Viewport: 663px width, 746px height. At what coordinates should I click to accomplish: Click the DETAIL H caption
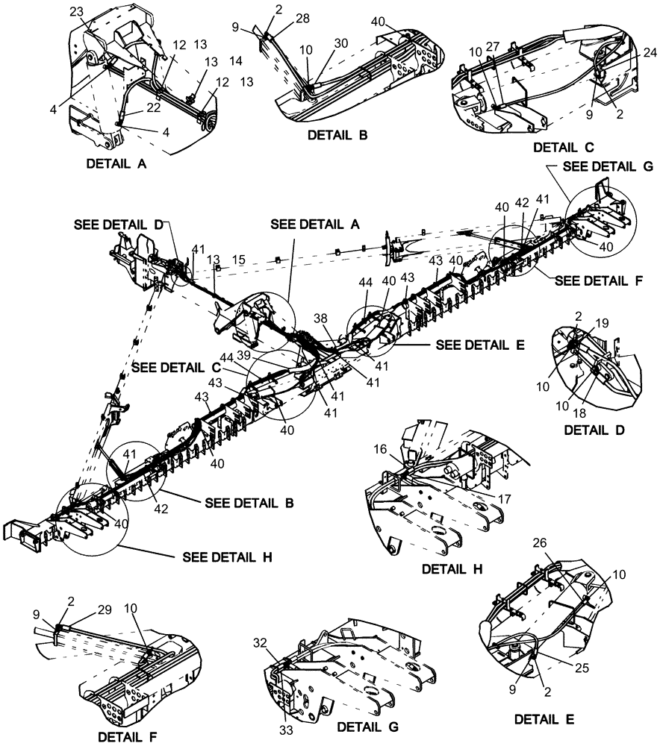pos(453,568)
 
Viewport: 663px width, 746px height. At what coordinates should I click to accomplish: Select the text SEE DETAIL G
pos(606,168)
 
